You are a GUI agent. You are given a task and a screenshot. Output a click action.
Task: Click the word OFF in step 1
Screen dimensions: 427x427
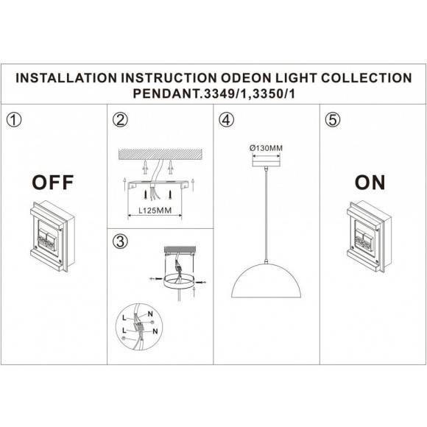[51, 182]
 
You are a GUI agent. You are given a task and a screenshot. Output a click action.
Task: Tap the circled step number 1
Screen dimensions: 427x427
[13, 119]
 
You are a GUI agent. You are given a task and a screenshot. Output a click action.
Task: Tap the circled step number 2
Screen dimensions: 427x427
[120, 119]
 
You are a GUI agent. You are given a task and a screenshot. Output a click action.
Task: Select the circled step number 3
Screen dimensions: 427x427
[120, 241]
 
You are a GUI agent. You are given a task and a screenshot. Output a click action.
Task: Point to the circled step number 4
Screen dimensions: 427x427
[226, 119]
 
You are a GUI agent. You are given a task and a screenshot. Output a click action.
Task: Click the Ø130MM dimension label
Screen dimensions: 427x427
[265, 148]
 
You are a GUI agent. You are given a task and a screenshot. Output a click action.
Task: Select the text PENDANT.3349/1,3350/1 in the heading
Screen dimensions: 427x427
[213, 93]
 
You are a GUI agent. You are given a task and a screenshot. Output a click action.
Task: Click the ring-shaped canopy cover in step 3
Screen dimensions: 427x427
[178, 280]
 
